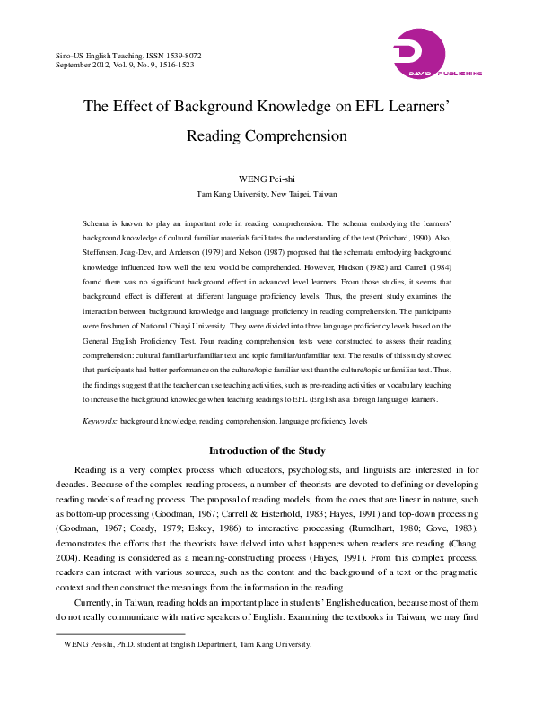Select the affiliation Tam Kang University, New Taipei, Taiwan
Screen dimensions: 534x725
pyautogui.click(x=267, y=193)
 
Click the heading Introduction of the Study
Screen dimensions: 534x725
pyautogui.click(x=267, y=450)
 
